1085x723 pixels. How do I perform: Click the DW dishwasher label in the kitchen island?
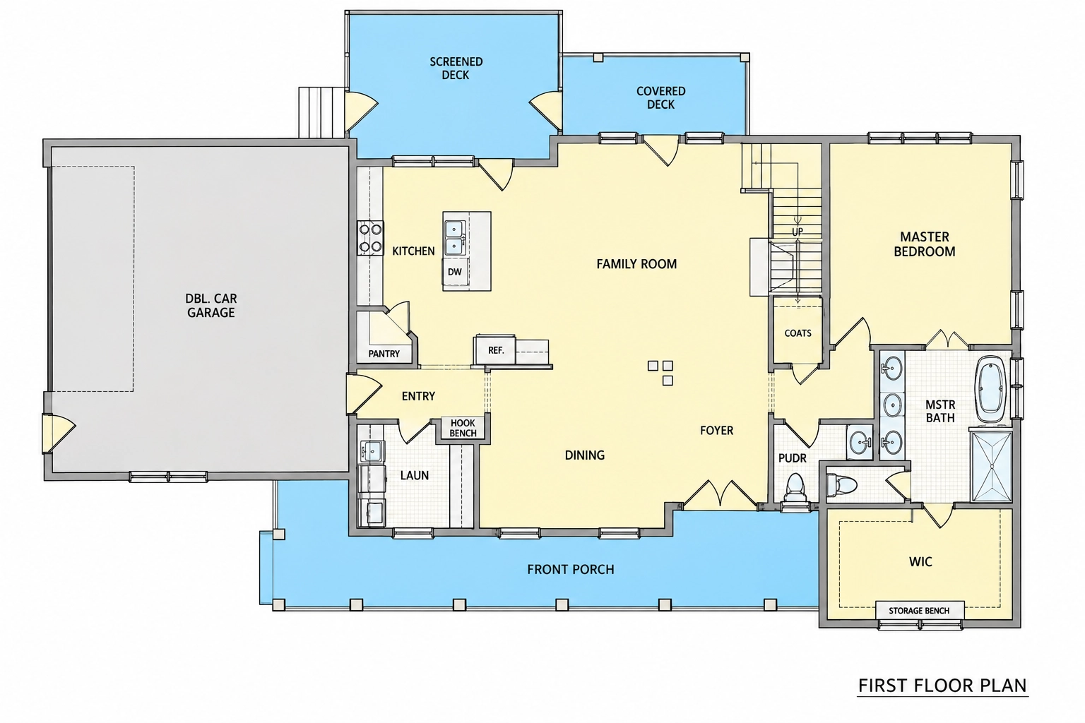click(454, 272)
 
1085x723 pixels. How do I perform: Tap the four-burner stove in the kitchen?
click(371, 238)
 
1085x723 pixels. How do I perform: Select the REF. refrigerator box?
click(494, 349)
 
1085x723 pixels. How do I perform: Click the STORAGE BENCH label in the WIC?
click(919, 611)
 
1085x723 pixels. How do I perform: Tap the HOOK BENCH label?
click(463, 428)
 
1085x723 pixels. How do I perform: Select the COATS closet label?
click(798, 333)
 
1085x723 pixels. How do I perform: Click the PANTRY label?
click(384, 354)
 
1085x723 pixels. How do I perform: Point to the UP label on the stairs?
click(798, 232)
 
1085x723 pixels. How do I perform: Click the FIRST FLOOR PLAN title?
click(942, 686)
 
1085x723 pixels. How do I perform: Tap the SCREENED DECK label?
click(456, 68)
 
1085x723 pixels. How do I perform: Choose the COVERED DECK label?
click(660, 98)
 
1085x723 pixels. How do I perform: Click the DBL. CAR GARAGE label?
click(211, 306)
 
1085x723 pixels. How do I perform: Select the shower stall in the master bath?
click(991, 466)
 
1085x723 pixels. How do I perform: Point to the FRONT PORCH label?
click(571, 570)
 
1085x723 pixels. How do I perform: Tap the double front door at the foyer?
click(721, 494)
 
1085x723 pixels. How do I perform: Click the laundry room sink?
click(371, 451)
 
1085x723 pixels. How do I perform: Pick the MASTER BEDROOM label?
click(924, 244)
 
